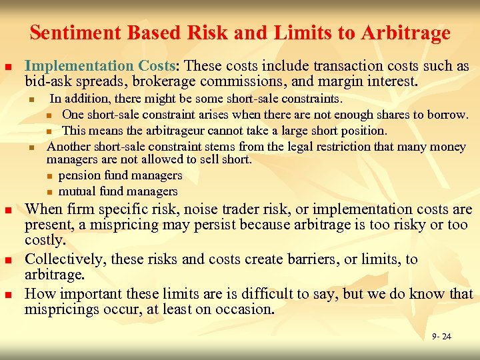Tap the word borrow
447,114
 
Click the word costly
44,240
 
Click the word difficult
275,293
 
